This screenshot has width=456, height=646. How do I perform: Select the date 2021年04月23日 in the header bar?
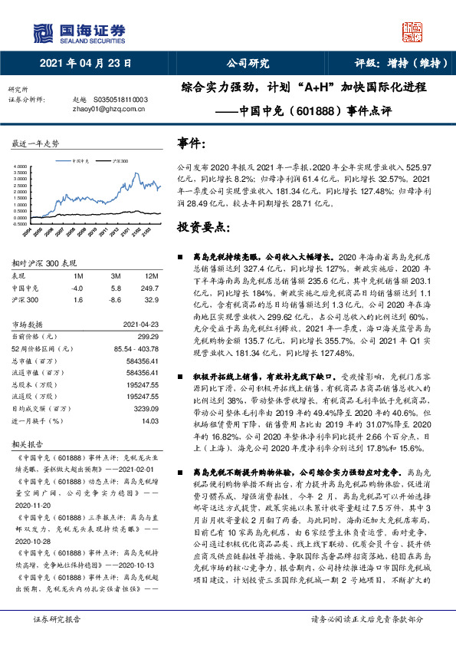pos(80,64)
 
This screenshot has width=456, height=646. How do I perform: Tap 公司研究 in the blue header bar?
pos(248,64)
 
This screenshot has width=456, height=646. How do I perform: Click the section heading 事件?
pos(192,143)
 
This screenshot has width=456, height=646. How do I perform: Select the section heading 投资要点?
pos(202,228)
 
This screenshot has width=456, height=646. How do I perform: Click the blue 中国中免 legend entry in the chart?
pos(80,162)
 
